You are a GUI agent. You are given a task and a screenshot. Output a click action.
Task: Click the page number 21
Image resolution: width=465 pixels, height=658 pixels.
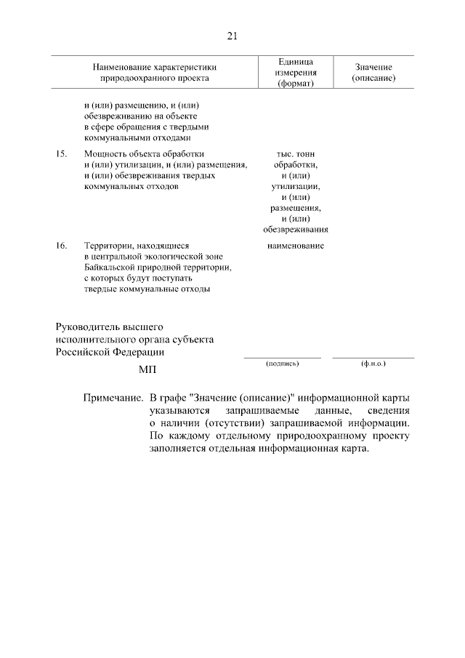[232, 36]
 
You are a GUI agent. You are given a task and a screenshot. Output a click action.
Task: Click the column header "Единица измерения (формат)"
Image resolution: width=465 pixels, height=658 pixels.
[295, 72]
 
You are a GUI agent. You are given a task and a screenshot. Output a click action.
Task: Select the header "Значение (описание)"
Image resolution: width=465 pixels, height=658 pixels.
[373, 72]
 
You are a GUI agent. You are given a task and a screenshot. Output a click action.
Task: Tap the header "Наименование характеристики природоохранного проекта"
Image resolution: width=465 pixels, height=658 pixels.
[155, 72]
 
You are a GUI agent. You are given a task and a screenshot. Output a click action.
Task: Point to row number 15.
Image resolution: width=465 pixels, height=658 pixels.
[62, 154]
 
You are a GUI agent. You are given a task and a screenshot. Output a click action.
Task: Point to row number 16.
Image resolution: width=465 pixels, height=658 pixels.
[62, 246]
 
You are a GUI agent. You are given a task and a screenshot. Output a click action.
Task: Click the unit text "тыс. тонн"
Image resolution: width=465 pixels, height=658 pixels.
[295, 154]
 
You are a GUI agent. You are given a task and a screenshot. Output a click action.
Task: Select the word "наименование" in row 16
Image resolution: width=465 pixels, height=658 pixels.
[295, 246]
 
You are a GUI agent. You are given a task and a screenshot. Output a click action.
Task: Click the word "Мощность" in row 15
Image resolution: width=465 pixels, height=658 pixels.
[106, 154]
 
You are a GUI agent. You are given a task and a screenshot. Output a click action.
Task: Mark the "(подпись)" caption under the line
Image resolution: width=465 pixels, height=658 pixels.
[283, 362]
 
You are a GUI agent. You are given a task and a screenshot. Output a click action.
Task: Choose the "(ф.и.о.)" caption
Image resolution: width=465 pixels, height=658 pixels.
[373, 362]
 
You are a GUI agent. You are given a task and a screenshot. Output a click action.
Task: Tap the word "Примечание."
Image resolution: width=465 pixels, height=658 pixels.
[112, 399]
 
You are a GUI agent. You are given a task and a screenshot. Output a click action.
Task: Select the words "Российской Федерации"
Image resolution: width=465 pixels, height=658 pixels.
[110, 351]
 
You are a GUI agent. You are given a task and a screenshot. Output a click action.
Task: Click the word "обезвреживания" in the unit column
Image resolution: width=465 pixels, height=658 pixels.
[295, 230]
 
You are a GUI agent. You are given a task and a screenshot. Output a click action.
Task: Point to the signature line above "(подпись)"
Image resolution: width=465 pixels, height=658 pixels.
[283, 357]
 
